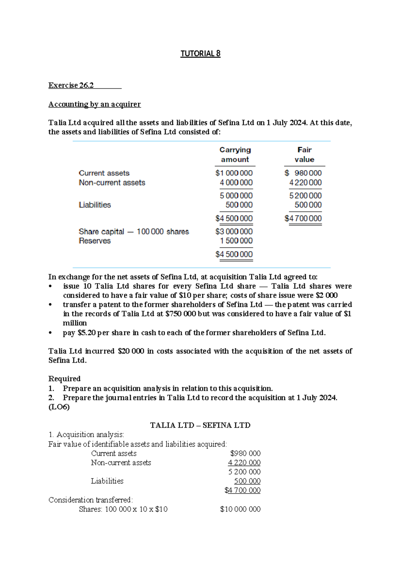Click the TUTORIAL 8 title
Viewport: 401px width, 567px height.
pyautogui.click(x=200, y=53)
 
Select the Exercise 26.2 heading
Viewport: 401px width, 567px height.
pyautogui.click(x=71, y=85)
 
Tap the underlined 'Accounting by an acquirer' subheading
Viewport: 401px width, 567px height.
pyautogui.click(x=95, y=104)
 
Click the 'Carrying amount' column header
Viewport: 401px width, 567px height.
pyautogui.click(x=235, y=154)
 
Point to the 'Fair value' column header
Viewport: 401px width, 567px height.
pyautogui.click(x=304, y=154)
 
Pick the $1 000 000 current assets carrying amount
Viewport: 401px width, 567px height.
pyautogui.click(x=234, y=173)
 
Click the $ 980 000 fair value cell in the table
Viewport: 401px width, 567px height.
pyautogui.click(x=303, y=173)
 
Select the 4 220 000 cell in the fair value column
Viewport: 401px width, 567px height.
pyautogui.click(x=305, y=183)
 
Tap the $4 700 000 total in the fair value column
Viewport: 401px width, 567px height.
pyautogui.click(x=303, y=218)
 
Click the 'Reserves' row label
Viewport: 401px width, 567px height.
pyautogui.click(x=95, y=241)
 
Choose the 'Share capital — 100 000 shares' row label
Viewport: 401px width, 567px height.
pyautogui.click(x=134, y=231)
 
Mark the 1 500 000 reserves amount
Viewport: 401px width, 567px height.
pyautogui.click(x=236, y=241)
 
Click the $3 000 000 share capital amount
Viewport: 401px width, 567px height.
pyautogui.click(x=234, y=231)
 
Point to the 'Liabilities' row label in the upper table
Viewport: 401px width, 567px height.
pyautogui.click(x=95, y=205)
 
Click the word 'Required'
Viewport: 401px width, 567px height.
pyautogui.click(x=64, y=378)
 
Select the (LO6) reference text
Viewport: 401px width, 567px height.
pyautogui.click(x=59, y=407)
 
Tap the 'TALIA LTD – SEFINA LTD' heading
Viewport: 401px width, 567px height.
pyautogui.click(x=200, y=425)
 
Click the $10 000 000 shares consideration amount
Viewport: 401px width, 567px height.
pyautogui.click(x=240, y=509)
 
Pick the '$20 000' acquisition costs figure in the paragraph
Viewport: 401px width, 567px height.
pyautogui.click(x=131, y=351)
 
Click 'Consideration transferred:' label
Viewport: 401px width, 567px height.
pyautogui.click(x=91, y=500)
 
